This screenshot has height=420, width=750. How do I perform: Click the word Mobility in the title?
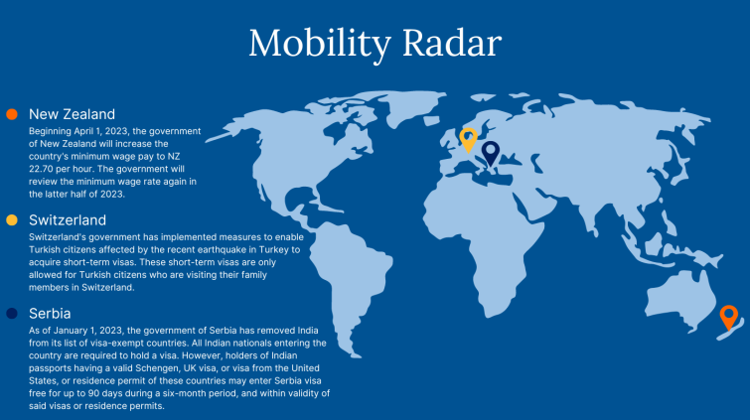click(x=320, y=44)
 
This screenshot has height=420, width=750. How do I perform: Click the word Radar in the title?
click(x=452, y=43)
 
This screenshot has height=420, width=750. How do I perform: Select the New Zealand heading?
click(x=72, y=114)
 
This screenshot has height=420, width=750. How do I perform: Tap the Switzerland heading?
click(x=68, y=220)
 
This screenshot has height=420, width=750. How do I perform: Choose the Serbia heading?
click(x=50, y=314)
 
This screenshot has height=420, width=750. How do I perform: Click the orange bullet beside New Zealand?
click(x=12, y=114)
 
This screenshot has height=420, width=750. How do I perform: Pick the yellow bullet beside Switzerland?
click(x=12, y=220)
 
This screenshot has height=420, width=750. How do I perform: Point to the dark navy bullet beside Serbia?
click(x=12, y=314)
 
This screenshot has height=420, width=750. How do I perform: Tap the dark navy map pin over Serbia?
click(x=491, y=152)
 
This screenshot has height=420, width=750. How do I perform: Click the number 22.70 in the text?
click(x=41, y=169)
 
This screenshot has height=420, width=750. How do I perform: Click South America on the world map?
click(x=352, y=277)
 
